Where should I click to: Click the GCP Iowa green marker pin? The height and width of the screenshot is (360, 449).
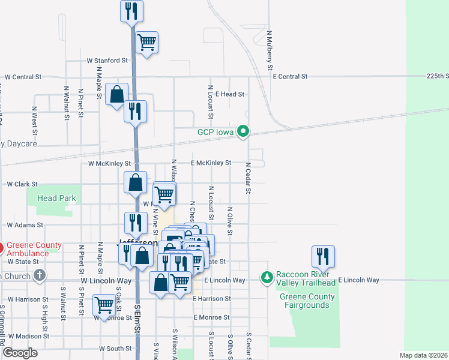pyautogui.click(x=243, y=131)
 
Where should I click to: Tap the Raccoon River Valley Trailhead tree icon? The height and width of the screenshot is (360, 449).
pyautogui.click(x=267, y=277)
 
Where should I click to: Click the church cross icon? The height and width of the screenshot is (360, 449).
pyautogui.click(x=40, y=275)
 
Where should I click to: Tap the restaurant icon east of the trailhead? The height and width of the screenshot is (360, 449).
pyautogui.click(x=323, y=256)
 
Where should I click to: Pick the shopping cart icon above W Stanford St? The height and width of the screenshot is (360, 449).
pyautogui.click(x=146, y=42)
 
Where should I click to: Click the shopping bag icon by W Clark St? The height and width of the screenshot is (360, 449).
pyautogui.click(x=136, y=182)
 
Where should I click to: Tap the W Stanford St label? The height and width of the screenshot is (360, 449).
pyautogui.click(x=107, y=61)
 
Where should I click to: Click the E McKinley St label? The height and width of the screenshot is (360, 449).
pyautogui.click(x=211, y=163)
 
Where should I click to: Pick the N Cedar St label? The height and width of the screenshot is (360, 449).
pyautogui.click(x=247, y=178)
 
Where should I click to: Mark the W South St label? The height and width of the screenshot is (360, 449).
pyautogui.click(x=115, y=348)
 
